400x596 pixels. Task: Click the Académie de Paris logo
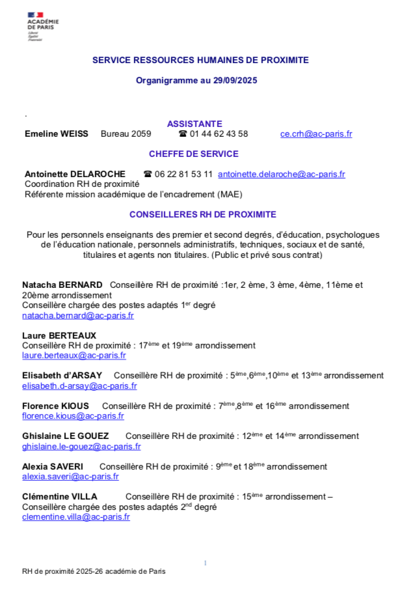coord(43,27)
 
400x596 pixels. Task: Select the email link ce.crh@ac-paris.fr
coord(316,134)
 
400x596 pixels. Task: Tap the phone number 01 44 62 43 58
coord(219,134)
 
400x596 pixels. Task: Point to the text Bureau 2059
coord(126,134)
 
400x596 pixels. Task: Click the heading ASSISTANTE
coord(194,124)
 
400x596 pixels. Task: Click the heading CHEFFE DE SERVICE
coord(194,154)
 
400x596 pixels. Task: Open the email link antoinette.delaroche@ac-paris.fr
coord(282,175)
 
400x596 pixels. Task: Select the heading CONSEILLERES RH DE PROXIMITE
coord(202,214)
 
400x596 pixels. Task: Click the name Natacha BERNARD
coord(62,285)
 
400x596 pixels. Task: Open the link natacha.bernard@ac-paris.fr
coord(78,316)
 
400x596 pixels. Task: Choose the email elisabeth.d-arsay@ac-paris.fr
coord(79,386)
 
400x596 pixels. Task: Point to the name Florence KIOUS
coord(56,406)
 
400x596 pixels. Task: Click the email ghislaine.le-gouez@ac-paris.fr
coord(81,447)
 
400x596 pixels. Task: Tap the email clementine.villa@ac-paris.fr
coord(76,517)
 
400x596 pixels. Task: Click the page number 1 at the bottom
coord(206,563)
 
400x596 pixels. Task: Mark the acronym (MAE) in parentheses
coord(239,194)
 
